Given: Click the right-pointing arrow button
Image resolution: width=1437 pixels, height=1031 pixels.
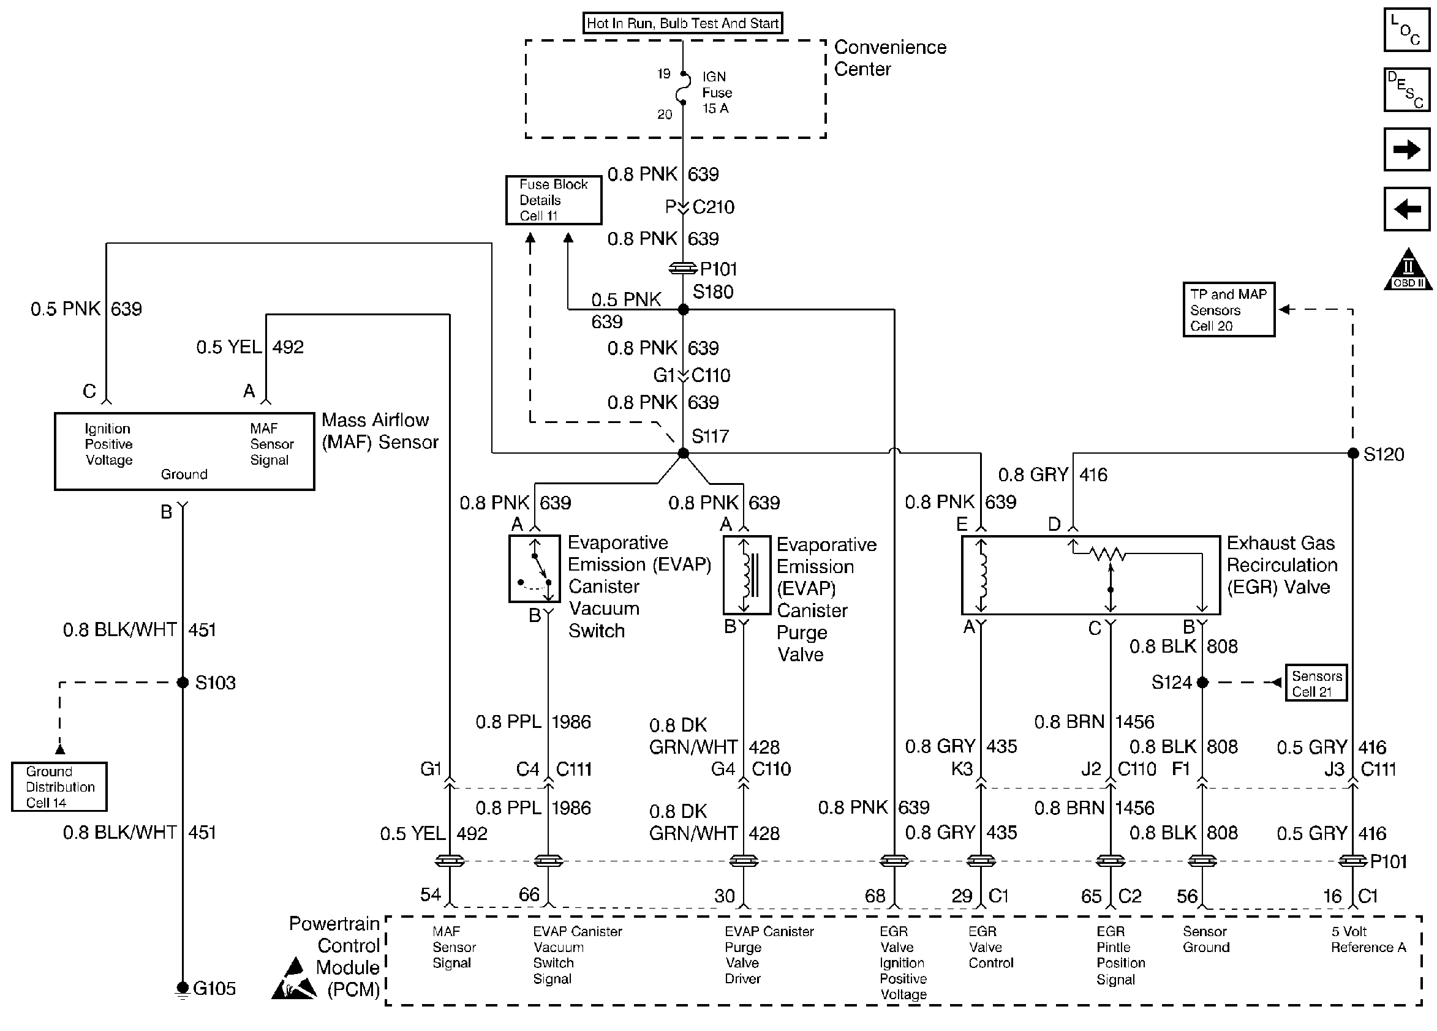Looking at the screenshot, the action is click(1406, 149).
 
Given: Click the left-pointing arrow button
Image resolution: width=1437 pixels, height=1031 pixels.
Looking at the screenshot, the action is click(1406, 208).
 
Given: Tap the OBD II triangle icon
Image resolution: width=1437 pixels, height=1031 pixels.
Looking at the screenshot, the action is click(1407, 269).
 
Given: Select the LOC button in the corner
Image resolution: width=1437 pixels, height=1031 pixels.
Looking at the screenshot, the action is click(1406, 29).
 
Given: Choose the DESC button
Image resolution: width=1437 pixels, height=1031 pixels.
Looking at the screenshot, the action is click(1406, 89).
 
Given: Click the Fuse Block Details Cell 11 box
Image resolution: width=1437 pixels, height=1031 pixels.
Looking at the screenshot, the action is click(553, 200).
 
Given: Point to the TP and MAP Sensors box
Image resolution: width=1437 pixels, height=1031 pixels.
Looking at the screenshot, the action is click(1229, 310).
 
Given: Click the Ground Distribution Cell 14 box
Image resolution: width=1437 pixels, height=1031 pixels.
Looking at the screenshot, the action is click(59, 787).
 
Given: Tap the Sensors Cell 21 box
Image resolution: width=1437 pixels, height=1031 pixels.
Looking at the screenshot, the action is click(1315, 683).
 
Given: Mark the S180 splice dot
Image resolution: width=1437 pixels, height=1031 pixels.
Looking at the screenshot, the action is click(683, 310).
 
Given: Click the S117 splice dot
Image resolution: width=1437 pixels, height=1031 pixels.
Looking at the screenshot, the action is click(683, 454).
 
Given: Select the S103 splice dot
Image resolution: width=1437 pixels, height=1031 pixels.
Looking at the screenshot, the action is click(183, 683).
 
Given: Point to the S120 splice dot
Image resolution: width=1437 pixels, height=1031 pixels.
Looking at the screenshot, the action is click(1352, 454).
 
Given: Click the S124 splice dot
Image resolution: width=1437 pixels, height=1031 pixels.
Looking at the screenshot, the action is click(1202, 683).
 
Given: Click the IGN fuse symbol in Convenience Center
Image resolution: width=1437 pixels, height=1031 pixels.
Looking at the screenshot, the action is click(683, 88).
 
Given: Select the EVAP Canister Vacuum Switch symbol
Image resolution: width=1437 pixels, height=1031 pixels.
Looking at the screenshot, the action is click(535, 569).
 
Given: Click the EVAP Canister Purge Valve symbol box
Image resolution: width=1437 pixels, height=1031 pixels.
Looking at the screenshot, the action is click(747, 575).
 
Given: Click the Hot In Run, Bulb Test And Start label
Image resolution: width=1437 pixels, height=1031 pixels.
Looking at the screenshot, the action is click(682, 23).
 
